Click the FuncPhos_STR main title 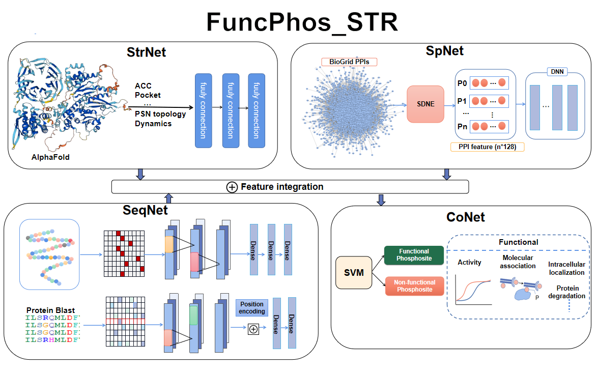coord(302,22)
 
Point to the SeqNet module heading coord(146,209)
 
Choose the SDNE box coord(425,104)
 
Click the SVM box coord(354,272)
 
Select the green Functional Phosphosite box coord(414,255)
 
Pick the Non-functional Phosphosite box coord(414,286)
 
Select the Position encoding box coord(252,307)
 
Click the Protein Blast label coord(50,310)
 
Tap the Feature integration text coord(282,187)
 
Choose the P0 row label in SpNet coord(462,82)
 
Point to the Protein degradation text coord(566,292)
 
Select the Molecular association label coord(519,262)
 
